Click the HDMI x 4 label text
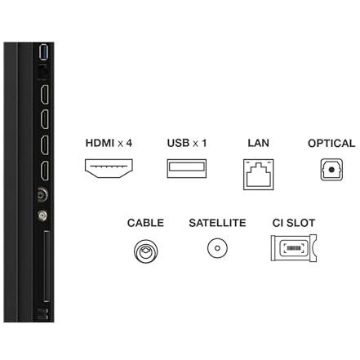[x=109, y=143]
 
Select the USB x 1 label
[x=187, y=143]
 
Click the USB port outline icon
[x=187, y=168]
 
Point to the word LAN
[x=258, y=143]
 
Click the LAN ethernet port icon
[x=259, y=175]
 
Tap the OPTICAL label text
[x=331, y=144]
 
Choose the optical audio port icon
[x=331, y=170]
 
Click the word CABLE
[x=145, y=223]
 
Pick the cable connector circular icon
[x=146, y=251]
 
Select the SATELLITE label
[x=217, y=223]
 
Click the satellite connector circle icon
[x=217, y=248]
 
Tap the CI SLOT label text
[x=294, y=223]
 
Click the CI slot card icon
[x=294, y=248]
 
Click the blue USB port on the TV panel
[x=44, y=51]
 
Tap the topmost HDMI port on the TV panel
[x=44, y=94]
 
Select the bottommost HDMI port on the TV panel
[x=44, y=171]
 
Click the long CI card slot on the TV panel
[x=47, y=266]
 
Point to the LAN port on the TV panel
[x=43, y=72]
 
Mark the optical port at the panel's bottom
[x=43, y=314]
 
